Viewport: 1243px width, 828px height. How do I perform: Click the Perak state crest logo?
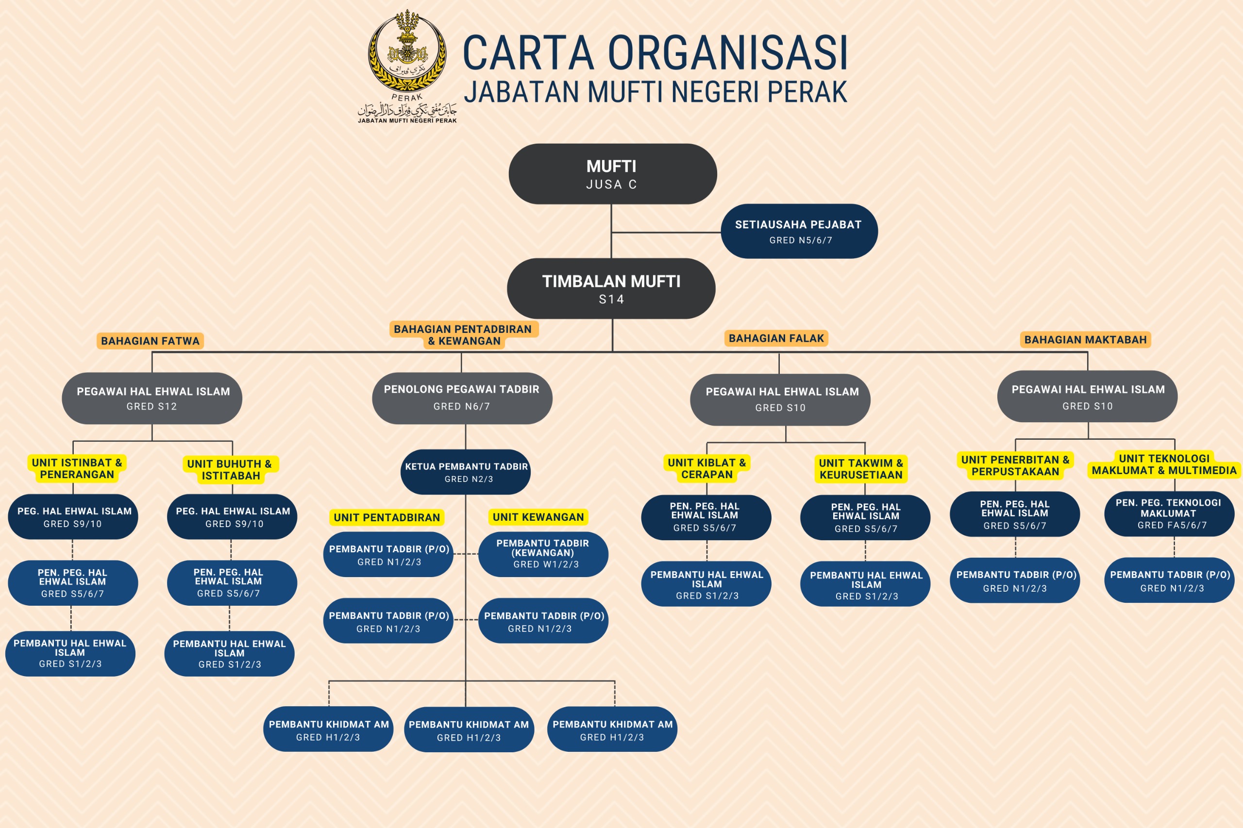coord(407,53)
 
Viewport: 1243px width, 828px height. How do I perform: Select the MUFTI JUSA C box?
coord(612,174)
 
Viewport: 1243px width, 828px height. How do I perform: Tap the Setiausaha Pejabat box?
coord(799,232)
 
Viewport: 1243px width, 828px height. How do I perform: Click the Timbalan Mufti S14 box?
coord(611,288)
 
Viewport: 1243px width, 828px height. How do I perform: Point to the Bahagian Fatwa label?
coord(150,341)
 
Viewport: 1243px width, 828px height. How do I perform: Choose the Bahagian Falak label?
coord(775,338)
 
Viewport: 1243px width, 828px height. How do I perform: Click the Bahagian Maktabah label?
coord(1085,340)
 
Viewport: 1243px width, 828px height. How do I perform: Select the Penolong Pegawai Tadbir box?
coord(462,397)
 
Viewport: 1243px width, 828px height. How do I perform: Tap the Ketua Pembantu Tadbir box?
coord(466,472)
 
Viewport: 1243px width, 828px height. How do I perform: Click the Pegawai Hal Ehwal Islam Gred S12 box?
coord(152,397)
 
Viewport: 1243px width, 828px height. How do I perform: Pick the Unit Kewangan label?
coord(538,517)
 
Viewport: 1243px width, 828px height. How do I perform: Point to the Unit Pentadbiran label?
coord(386,517)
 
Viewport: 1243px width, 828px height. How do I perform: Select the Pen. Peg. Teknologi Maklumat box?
coord(1169,513)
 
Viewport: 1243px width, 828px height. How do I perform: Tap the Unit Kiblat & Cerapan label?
coord(706,468)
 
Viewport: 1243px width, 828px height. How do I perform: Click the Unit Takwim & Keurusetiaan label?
coord(860,469)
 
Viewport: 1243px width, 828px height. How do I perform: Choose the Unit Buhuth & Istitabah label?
coord(230,469)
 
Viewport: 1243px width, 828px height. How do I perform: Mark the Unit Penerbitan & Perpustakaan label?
coord(1015,466)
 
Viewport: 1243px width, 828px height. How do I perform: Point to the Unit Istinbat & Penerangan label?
coord(77,468)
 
